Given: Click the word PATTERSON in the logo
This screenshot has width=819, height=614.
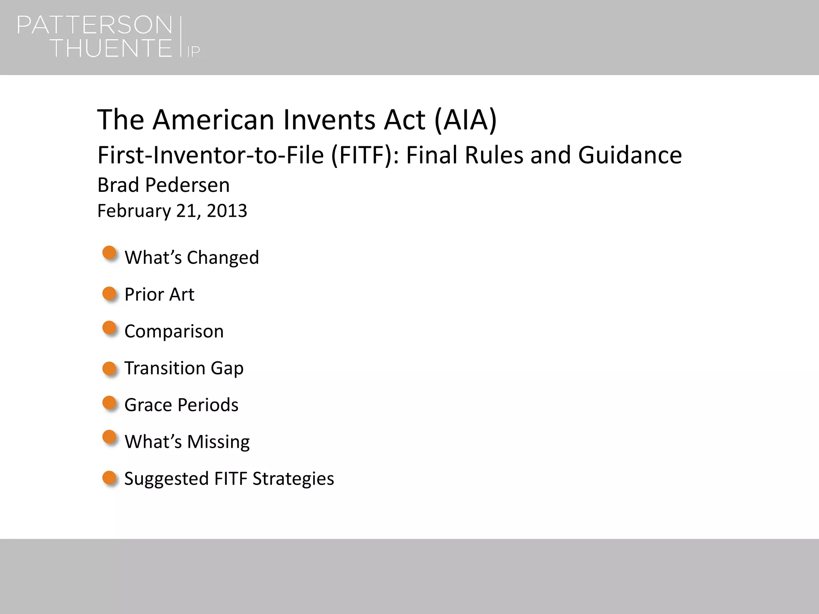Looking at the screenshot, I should click(x=94, y=25).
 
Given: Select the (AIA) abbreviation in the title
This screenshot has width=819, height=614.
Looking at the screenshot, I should click(x=465, y=120).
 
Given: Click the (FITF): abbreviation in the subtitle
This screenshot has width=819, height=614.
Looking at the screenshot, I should click(x=365, y=155).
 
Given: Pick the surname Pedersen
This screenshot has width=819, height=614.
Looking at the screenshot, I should click(x=187, y=185).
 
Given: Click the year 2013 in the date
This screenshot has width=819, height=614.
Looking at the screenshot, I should click(x=227, y=211).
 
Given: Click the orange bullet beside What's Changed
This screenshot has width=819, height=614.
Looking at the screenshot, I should click(x=109, y=253).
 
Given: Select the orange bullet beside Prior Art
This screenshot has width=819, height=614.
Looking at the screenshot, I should click(x=109, y=294).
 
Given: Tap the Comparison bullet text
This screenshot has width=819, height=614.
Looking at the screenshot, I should click(x=174, y=331).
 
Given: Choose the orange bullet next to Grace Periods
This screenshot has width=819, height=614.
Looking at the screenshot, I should click(x=109, y=403).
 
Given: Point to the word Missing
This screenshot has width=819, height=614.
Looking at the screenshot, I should click(x=218, y=442).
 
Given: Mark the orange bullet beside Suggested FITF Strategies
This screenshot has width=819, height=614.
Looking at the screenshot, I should click(x=109, y=478).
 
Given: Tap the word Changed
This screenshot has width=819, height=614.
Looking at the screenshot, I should click(x=223, y=257).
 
